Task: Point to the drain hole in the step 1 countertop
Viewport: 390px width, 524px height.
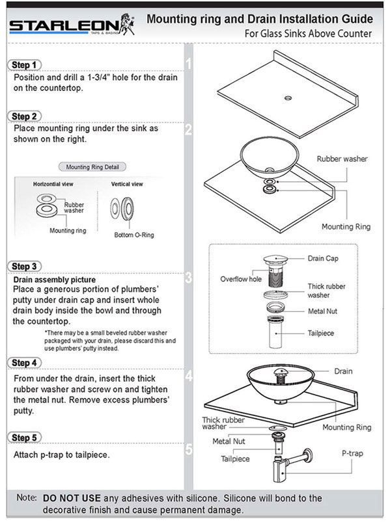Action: pyautogui.click(x=286, y=99)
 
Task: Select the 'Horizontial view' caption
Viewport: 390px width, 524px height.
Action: pyautogui.click(x=55, y=185)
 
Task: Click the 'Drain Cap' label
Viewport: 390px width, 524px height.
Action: pyautogui.click(x=324, y=258)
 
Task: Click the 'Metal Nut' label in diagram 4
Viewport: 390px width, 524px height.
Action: pyautogui.click(x=228, y=441)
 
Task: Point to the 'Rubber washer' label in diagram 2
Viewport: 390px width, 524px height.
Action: pyautogui.click(x=341, y=158)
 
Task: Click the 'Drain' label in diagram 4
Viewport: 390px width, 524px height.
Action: pyautogui.click(x=343, y=371)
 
